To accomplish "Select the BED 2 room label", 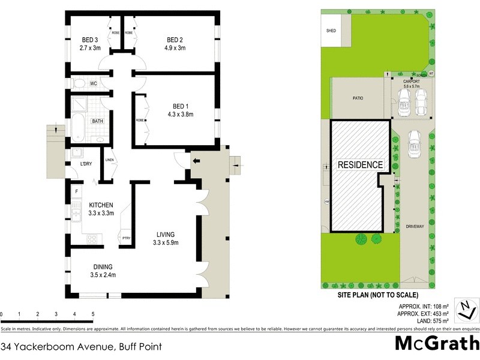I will [174, 40].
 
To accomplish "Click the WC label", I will [94, 83].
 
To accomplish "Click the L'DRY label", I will [81, 164].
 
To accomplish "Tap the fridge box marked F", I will [76, 192].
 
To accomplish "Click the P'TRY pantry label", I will [126, 237].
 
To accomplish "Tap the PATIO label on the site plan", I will [358, 98].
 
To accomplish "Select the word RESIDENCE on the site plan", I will [360, 164].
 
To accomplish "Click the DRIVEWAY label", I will [415, 226].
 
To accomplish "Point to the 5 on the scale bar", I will [92, 314].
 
